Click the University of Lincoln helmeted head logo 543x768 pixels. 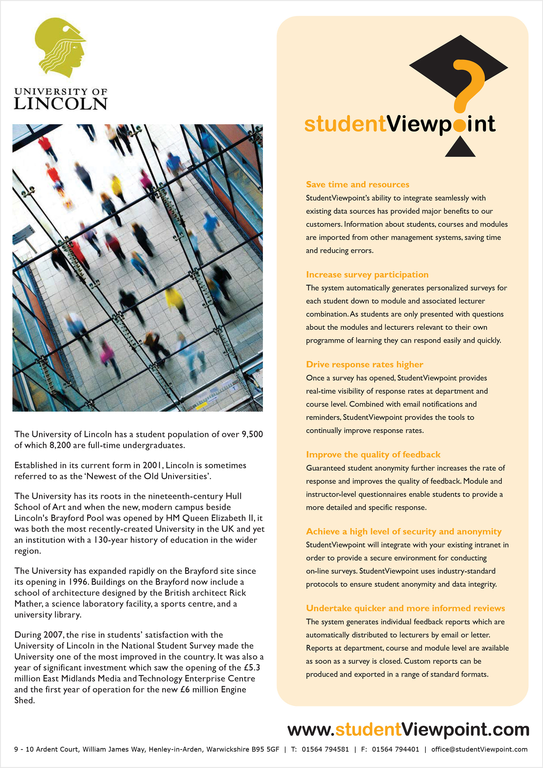(61, 48)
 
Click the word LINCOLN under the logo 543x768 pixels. (61, 104)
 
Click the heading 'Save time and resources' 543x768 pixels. (357, 184)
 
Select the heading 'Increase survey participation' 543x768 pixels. (367, 274)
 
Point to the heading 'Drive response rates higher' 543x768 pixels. (365, 364)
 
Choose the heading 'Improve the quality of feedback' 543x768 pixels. (373, 454)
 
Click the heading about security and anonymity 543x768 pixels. (404, 531)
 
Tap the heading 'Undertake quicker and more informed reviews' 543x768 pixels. (405, 608)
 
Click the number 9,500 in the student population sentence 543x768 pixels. (252, 434)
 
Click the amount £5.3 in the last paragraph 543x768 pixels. (252, 667)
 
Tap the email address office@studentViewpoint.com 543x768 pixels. (479, 749)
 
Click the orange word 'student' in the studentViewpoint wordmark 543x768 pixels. (345, 124)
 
